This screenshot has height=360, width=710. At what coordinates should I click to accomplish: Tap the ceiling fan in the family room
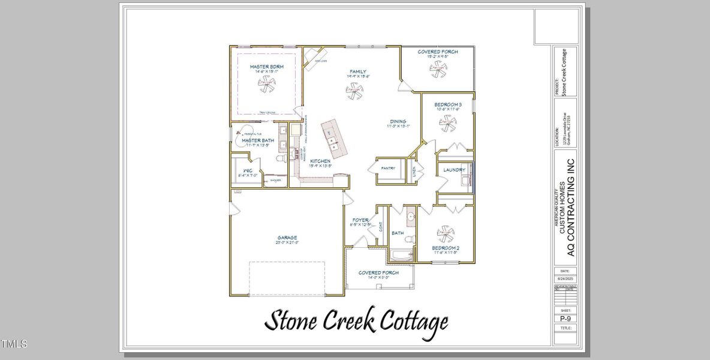[x=354, y=91]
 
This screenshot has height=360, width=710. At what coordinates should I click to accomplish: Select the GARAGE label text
[x=287, y=238]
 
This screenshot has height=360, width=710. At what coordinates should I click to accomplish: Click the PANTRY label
[x=388, y=169]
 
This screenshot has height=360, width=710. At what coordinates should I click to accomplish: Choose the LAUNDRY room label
[x=454, y=170]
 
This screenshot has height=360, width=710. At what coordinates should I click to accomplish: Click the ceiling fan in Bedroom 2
[x=445, y=232]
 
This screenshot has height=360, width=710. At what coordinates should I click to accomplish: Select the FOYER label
[x=360, y=220]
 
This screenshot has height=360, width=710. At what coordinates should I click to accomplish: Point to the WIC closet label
[x=246, y=170]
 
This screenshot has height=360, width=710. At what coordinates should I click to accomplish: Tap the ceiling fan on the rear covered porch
[x=438, y=68]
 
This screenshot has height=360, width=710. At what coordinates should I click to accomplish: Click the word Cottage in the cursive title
[x=408, y=321]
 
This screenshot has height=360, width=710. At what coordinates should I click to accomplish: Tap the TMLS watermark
[x=14, y=344]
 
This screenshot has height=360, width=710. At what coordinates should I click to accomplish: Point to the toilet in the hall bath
[x=409, y=239]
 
